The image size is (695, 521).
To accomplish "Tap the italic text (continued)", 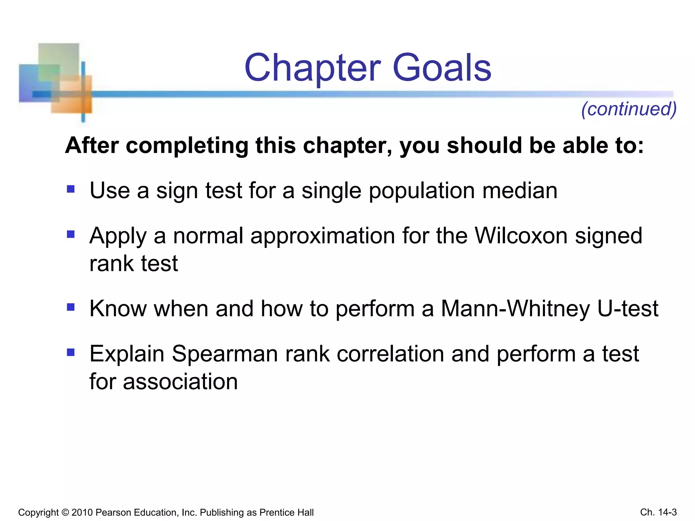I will pyautogui.click(x=629, y=109).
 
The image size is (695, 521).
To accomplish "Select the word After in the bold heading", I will pyautogui.click(x=92, y=146).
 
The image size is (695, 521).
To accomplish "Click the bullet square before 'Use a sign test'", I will pyautogui.click(x=71, y=189).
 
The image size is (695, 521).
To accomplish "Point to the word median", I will pyautogui.click(x=520, y=191).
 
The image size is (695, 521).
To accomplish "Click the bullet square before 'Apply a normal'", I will pyautogui.click(x=71, y=234).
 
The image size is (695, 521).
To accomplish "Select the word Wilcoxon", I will pyautogui.click(x=521, y=236).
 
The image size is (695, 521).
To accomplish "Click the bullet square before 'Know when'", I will pyautogui.click(x=71, y=307).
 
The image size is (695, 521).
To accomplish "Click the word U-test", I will pyautogui.click(x=628, y=309).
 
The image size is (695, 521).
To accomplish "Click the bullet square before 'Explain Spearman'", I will pyautogui.click(x=71, y=352).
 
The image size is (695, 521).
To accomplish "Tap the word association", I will pyautogui.click(x=180, y=382).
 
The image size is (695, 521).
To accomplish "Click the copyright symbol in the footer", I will pyautogui.click(x=65, y=513).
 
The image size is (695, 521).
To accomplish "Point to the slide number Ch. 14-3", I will pyautogui.click(x=658, y=512).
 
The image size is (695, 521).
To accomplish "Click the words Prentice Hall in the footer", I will pyautogui.click(x=286, y=513).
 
